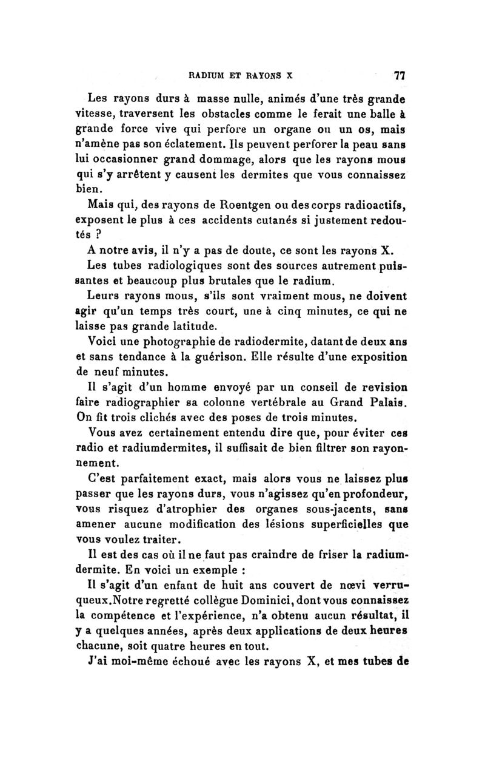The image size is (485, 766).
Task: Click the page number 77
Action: (399, 76)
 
